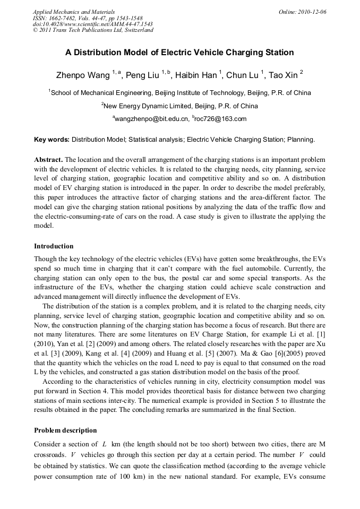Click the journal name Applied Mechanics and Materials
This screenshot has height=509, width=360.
pyautogui.click(x=74, y=12)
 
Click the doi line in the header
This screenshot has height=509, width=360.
pyautogui.click(x=93, y=24)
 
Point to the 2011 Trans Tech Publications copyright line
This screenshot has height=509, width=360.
pyautogui.click(x=93, y=30)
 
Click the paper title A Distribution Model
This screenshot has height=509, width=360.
pyautogui.click(x=179, y=53)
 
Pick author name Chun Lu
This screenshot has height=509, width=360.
pyautogui.click(x=243, y=75)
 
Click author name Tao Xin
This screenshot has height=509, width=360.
pyautogui.click(x=284, y=75)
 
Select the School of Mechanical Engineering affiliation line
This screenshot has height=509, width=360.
pyautogui.click(x=180, y=93)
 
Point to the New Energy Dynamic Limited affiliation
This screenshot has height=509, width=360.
pyautogui.click(x=180, y=106)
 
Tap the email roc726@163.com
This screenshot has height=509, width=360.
pyautogui.click(x=221, y=119)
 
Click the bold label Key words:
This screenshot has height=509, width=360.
pyautogui.click(x=52, y=140)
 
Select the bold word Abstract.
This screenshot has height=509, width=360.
pyautogui.click(x=48, y=160)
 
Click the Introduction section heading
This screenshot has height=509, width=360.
pyautogui.click(x=54, y=246)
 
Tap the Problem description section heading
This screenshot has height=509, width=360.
pyautogui.click(x=65, y=430)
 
